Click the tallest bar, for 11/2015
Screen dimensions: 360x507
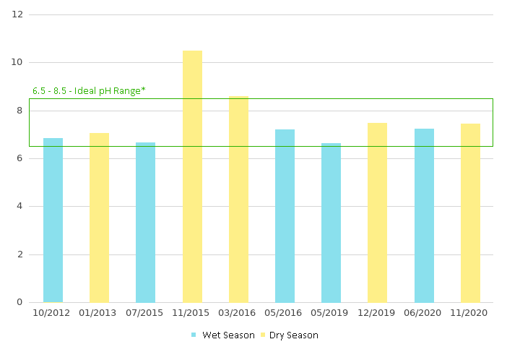tap(192, 176)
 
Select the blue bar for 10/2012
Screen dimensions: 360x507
tap(53, 220)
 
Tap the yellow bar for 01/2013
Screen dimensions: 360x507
tap(99, 218)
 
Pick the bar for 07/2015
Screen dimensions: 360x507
tap(145, 222)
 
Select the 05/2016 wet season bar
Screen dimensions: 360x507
tap(285, 215)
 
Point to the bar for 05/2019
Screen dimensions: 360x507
tap(331, 223)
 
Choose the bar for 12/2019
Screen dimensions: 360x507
tap(377, 213)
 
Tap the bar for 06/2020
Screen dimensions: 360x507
tap(424, 215)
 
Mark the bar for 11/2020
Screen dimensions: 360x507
tap(470, 213)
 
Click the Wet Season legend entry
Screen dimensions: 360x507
tap(223, 335)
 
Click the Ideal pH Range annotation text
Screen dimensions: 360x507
tap(89, 91)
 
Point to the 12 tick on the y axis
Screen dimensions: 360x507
tap(18, 14)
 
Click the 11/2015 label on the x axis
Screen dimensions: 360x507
tap(192, 313)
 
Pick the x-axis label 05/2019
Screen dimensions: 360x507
tap(331, 313)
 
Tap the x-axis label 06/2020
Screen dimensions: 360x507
tap(424, 313)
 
